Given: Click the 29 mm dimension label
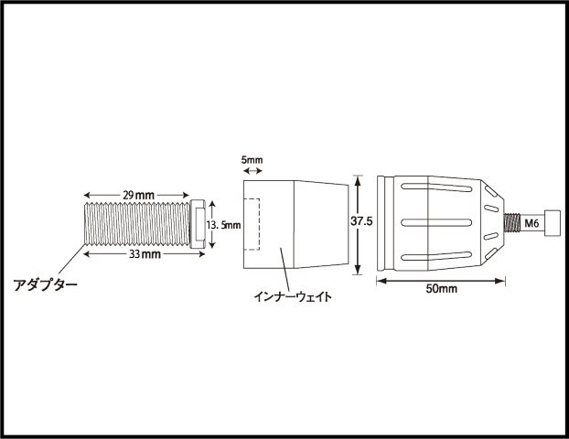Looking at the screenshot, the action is pyautogui.click(x=139, y=195).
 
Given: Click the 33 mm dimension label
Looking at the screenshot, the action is pyautogui.click(x=145, y=254).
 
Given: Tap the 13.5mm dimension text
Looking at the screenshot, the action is pyautogui.click(x=223, y=225).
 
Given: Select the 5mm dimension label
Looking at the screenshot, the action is pyautogui.click(x=252, y=160).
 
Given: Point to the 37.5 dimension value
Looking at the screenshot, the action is pyautogui.click(x=361, y=221).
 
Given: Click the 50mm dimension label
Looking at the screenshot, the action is pyautogui.click(x=441, y=289).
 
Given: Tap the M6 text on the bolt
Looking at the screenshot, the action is pyautogui.click(x=531, y=223).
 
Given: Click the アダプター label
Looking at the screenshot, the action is pyautogui.click(x=46, y=284).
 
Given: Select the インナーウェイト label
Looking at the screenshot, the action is pyautogui.click(x=293, y=296).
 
